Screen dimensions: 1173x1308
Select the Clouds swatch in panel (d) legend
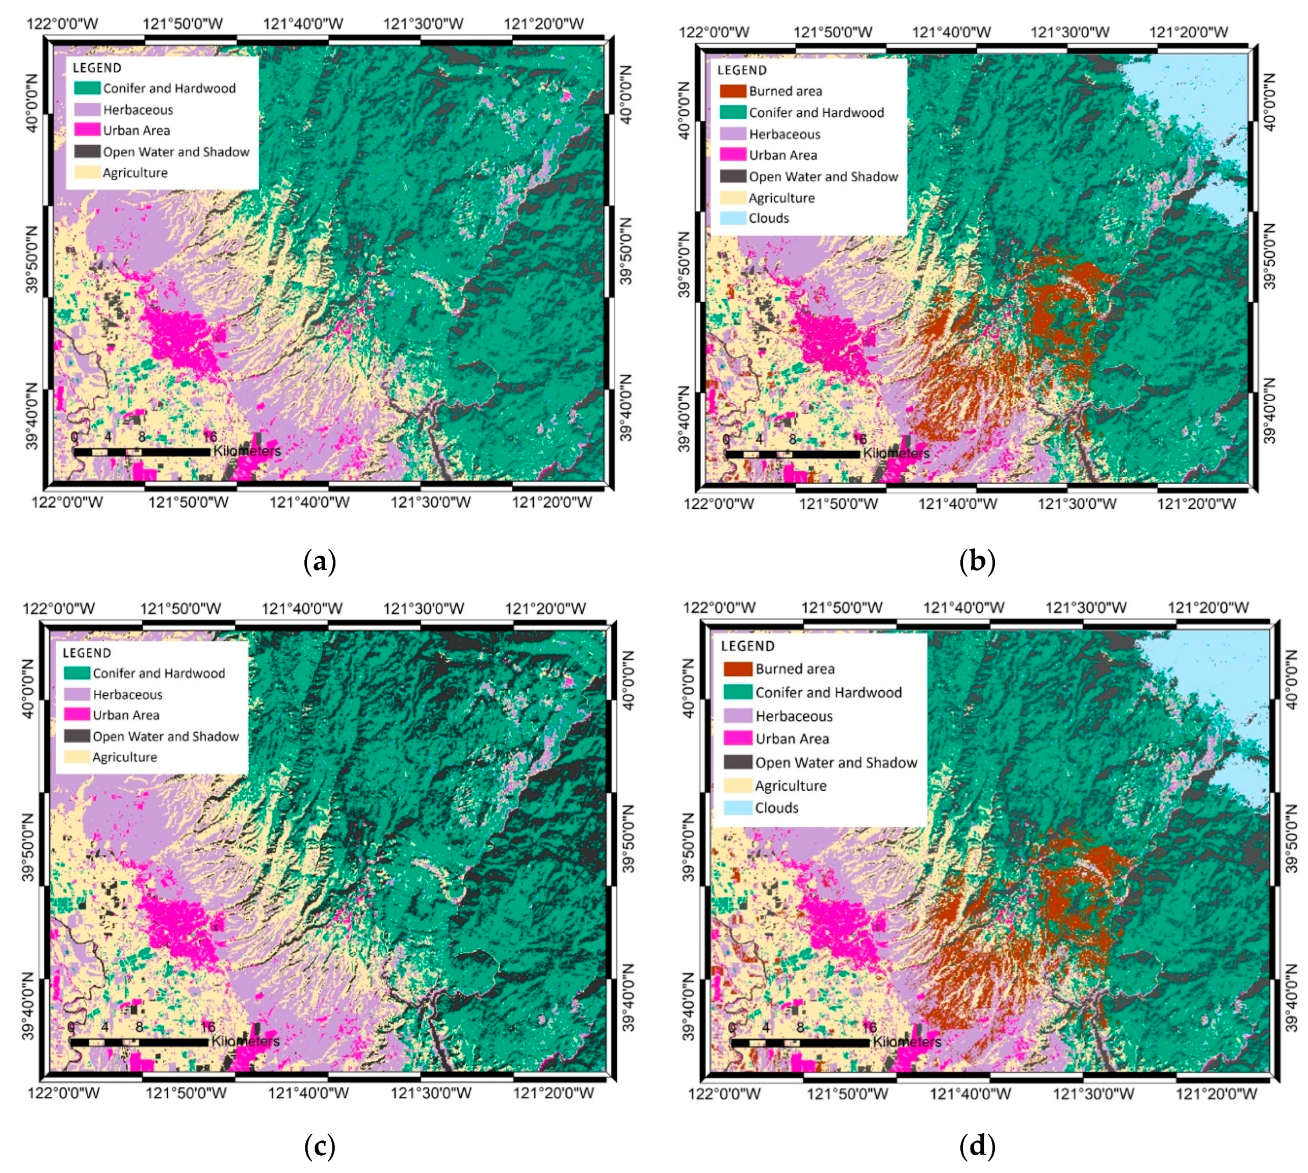pyautogui.click(x=738, y=807)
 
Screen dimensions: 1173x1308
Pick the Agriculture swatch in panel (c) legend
pyautogui.click(x=76, y=757)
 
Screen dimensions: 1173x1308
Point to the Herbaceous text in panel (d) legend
pyautogui.click(x=794, y=716)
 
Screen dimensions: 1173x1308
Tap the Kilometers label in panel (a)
pyautogui.click(x=247, y=451)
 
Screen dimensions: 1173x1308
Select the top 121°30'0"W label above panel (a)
pyautogui.click(x=423, y=24)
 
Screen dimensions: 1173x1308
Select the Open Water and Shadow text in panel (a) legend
pyautogui.click(x=176, y=152)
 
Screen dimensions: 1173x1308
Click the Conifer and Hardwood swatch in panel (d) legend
pyautogui.click(x=738, y=692)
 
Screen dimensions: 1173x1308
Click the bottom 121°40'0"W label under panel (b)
pyautogui.click(x=957, y=504)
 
